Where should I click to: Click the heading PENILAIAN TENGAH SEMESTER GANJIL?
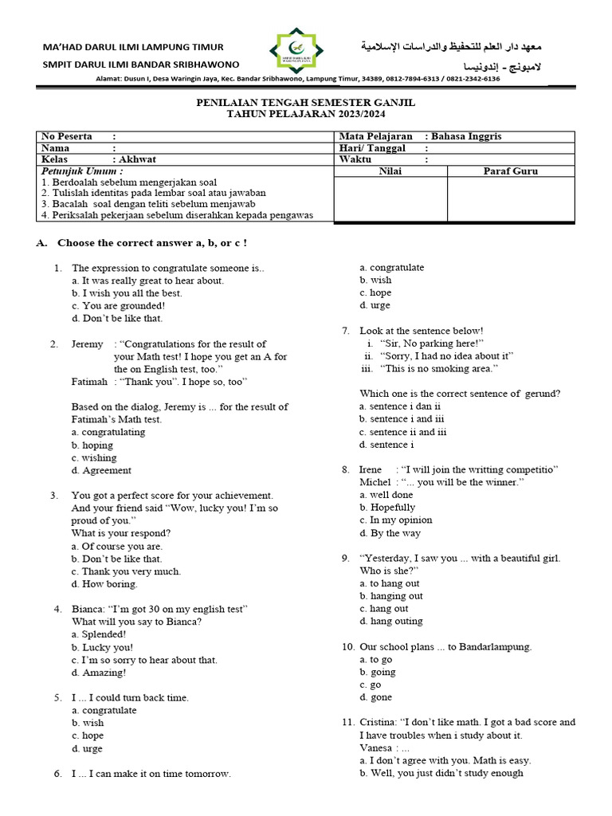(305, 104)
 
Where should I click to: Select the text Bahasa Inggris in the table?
(466, 136)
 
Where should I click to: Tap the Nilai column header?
(390, 171)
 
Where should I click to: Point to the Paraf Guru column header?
(511, 171)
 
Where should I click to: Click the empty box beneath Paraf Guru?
(511, 199)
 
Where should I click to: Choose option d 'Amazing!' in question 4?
(99, 673)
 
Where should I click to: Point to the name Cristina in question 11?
(378, 722)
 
